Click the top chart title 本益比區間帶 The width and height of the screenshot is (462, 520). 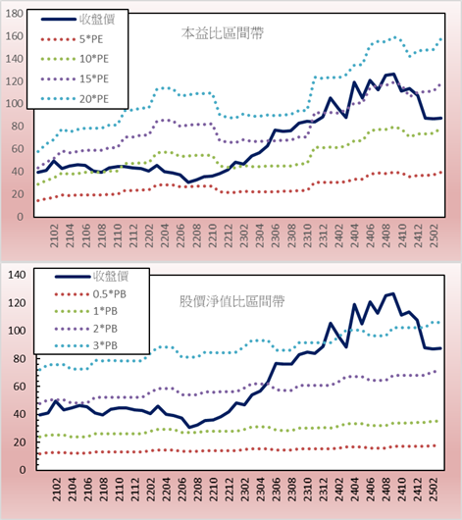(x=223, y=33)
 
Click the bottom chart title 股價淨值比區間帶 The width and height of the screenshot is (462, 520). (x=231, y=301)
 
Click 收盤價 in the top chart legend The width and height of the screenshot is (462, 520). (x=97, y=20)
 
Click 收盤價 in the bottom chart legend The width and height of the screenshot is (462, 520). (x=111, y=276)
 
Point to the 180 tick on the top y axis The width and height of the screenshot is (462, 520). (x=15, y=14)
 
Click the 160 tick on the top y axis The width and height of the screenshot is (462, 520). (x=15, y=36)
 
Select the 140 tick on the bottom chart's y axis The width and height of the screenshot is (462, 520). (x=17, y=275)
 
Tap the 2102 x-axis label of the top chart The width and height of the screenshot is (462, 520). (x=54, y=235)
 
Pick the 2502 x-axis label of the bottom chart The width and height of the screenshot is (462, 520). (x=434, y=490)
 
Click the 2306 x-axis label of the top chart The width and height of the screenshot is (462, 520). (x=276, y=235)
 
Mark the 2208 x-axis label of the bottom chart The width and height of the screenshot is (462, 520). (x=198, y=490)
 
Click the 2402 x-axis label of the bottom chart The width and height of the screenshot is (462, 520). (x=339, y=490)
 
